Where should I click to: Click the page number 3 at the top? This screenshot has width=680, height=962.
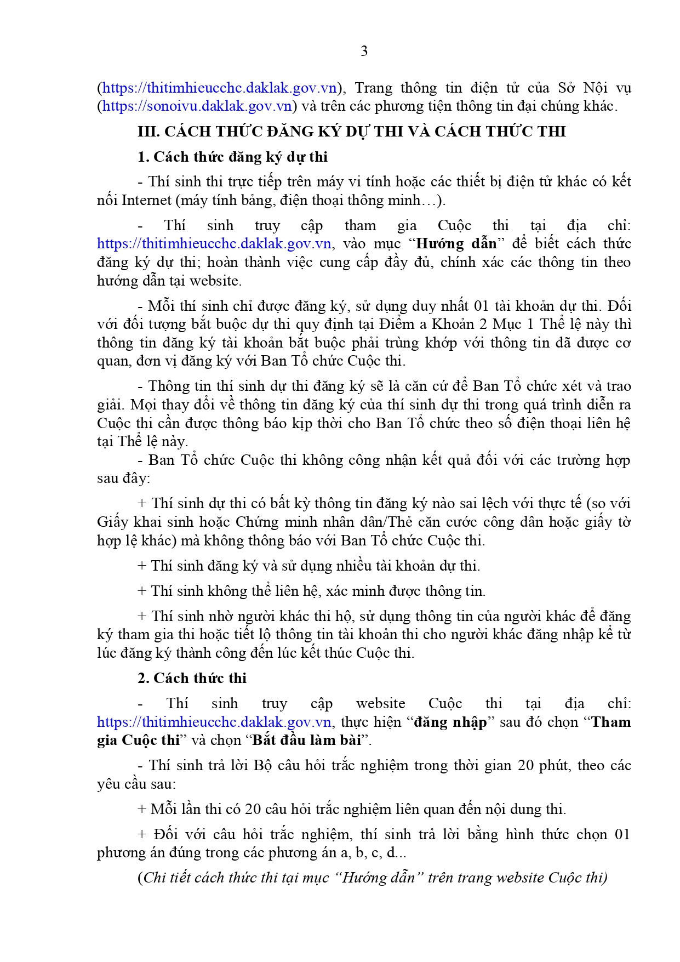pos(364,52)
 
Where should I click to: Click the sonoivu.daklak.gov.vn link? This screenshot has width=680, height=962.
pos(197,106)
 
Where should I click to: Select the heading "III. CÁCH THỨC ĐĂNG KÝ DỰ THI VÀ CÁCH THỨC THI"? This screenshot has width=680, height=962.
pos(352,132)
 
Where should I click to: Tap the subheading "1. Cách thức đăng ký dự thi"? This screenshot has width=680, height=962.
pos(232,157)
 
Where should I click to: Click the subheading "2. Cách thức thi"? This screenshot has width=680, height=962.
pos(192,679)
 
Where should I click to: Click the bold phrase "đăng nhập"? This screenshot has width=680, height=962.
pos(450,722)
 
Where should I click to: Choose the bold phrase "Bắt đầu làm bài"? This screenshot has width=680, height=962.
pos(306,741)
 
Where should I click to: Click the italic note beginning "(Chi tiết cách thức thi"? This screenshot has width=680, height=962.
pos(373,878)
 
